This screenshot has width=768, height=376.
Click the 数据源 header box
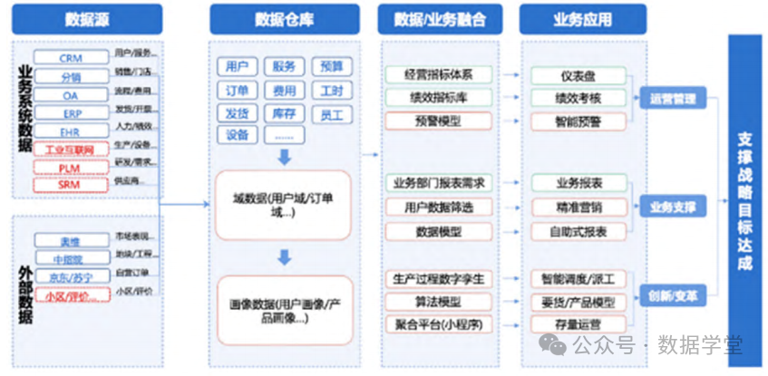click(87, 18)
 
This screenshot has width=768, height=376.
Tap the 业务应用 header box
click(581, 18)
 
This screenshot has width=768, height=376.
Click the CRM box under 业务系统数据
click(71, 58)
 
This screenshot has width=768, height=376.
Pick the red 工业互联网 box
click(71, 149)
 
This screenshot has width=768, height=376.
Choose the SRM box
click(71, 184)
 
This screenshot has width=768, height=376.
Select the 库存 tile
click(284, 113)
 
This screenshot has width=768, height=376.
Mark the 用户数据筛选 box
click(439, 207)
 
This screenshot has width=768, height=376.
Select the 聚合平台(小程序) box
click(439, 323)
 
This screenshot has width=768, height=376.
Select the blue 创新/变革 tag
click(672, 295)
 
